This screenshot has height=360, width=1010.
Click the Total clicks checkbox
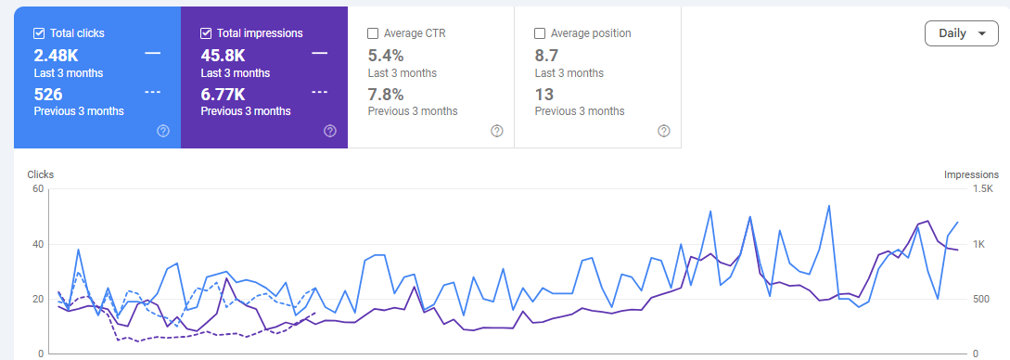[39, 33]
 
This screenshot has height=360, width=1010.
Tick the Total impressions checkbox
[207, 33]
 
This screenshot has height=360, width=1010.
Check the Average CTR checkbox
[373, 33]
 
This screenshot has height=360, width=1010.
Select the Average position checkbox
[540, 33]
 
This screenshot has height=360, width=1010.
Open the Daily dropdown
[961, 33]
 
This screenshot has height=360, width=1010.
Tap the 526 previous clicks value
[48, 93]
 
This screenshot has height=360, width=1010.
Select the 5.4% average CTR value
[386, 55]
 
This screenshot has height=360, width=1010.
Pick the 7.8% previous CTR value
[386, 94]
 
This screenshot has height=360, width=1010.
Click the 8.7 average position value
[547, 55]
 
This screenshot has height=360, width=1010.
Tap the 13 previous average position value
[543, 94]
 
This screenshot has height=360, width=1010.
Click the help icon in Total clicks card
[163, 131]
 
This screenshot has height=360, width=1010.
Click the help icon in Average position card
[663, 131]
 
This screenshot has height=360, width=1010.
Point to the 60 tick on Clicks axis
[38, 189]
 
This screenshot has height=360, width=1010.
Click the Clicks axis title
[41, 174]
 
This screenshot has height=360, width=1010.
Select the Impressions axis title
[970, 174]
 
